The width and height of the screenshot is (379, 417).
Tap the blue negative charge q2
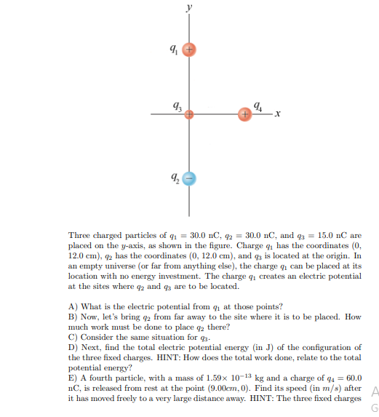pos(188,178)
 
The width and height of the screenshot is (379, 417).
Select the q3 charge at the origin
pos(188,115)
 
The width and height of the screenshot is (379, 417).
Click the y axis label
pos(189,7)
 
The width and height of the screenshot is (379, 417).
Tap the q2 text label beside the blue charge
pos(172,177)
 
